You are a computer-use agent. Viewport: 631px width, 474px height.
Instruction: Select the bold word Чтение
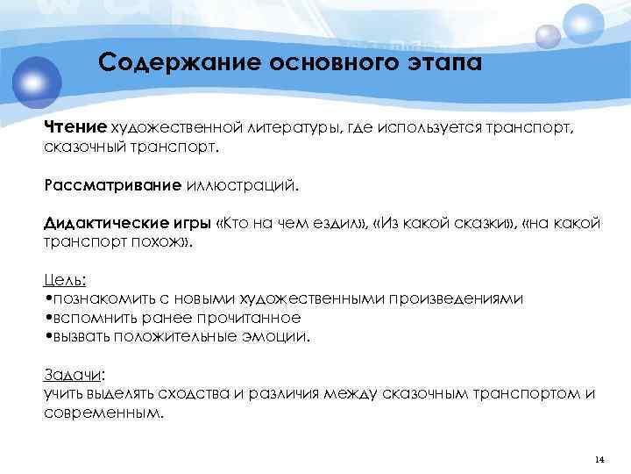tap(74, 129)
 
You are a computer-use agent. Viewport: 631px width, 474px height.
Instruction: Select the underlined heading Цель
tap(64, 280)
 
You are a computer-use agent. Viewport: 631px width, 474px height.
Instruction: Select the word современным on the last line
tap(102, 412)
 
